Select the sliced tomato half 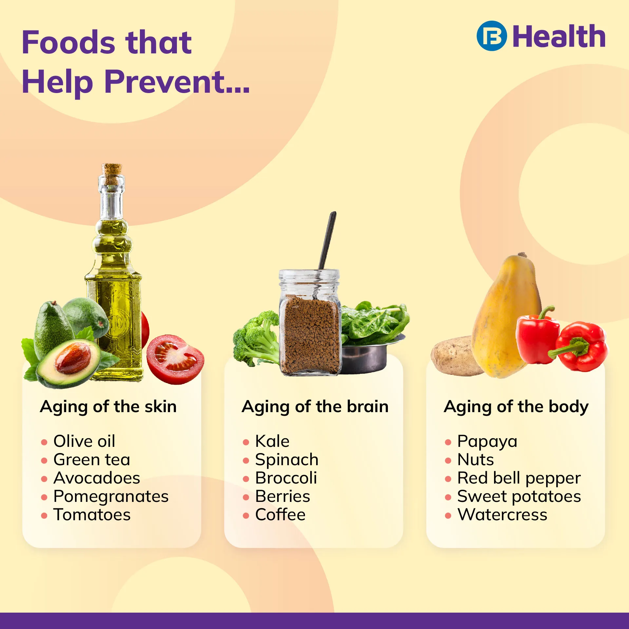pos(175,358)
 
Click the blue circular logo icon pos(492,36)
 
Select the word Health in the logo pos(559,36)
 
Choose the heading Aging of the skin pos(108,407)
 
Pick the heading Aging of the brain pos(315,407)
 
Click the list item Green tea pos(92,460)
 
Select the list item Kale pos(273,441)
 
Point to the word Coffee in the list pos(280,515)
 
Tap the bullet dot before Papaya pos(448,443)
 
